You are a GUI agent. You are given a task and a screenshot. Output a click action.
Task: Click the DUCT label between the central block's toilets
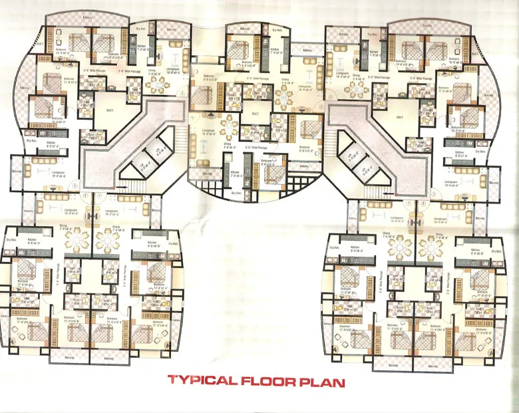pyautogui.click(x=255, y=114)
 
